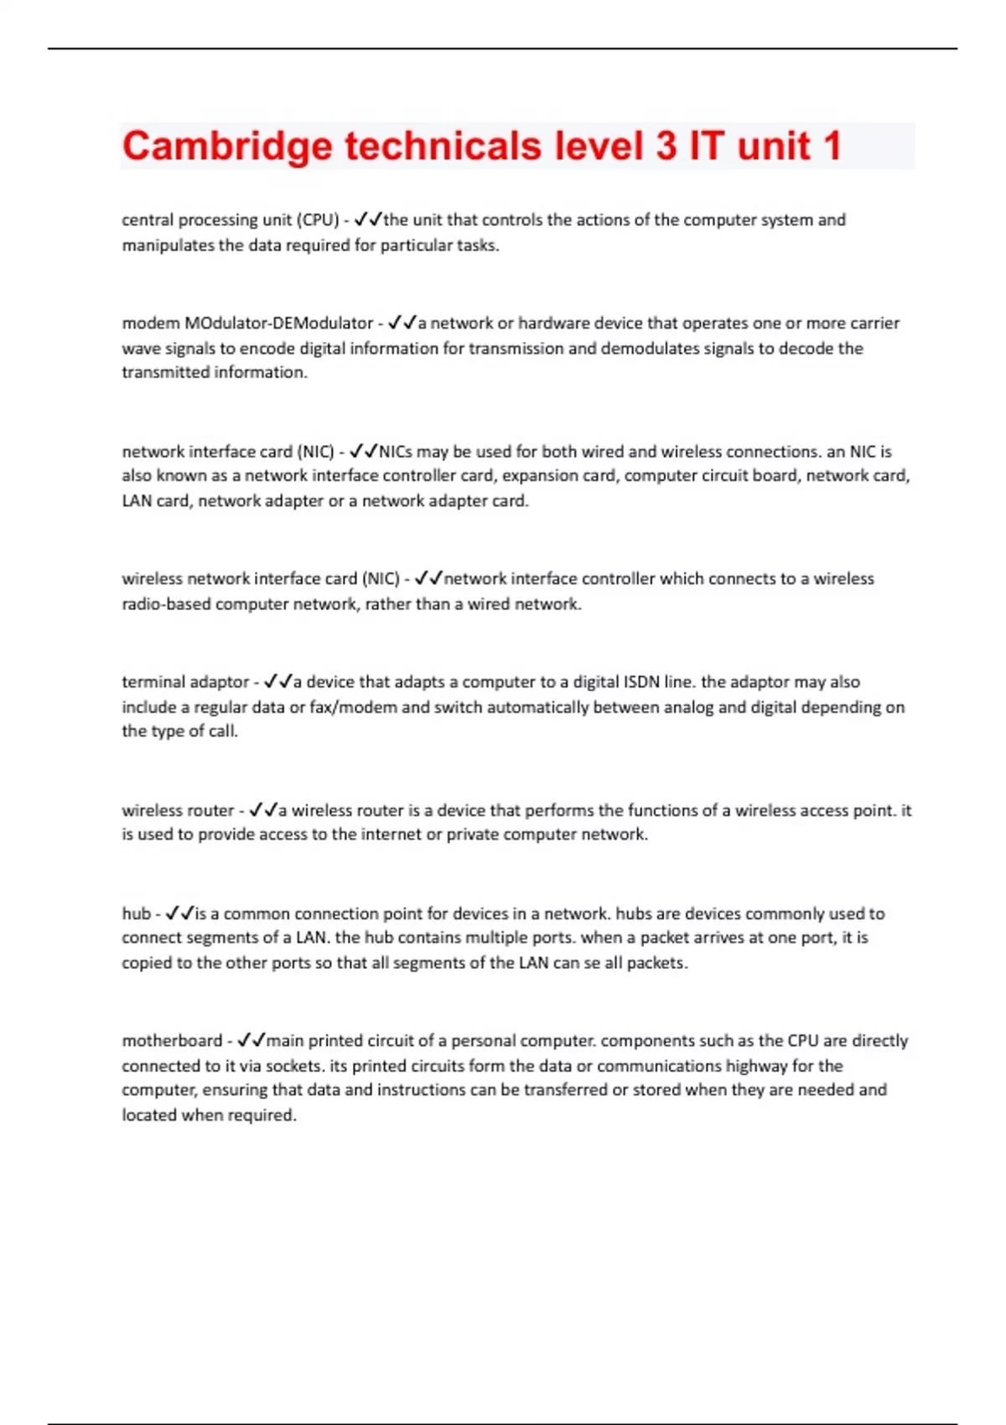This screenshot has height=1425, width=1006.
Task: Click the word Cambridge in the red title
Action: (227, 146)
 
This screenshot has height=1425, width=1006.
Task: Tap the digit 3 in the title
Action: (666, 146)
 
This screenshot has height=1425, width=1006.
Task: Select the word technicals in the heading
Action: (443, 146)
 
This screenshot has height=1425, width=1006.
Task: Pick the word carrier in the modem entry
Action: (873, 323)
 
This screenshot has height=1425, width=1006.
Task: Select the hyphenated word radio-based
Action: (166, 604)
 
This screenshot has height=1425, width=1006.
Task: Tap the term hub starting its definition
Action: (136, 913)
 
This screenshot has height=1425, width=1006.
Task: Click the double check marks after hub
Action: (179, 913)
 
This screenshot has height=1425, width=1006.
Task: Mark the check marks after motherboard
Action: (251, 1040)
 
